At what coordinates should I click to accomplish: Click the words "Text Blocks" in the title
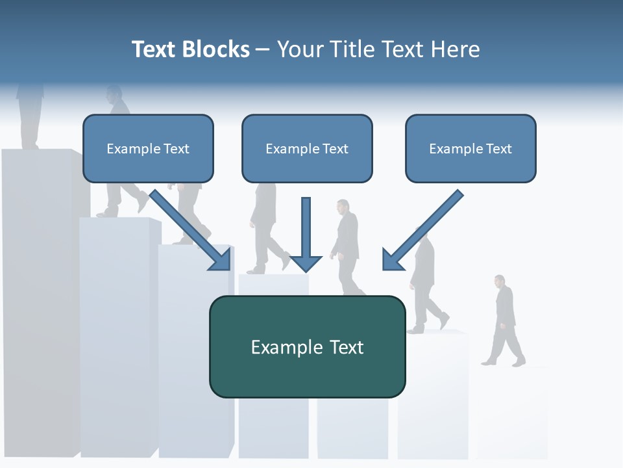[190, 49]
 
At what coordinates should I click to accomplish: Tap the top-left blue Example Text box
[148, 148]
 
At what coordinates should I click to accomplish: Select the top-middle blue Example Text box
[307, 148]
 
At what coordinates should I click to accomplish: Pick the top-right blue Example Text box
[470, 148]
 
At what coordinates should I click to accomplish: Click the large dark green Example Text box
[307, 346]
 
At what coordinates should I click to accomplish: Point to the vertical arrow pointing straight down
[306, 234]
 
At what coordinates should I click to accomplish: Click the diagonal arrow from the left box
[191, 230]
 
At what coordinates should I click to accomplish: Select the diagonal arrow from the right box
[422, 231]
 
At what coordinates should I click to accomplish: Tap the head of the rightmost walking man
[499, 281]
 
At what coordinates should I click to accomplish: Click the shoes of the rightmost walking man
[503, 361]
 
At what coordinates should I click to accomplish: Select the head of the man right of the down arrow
[343, 207]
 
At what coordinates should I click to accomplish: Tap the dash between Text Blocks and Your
[263, 50]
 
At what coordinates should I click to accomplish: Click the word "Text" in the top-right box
[498, 149]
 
